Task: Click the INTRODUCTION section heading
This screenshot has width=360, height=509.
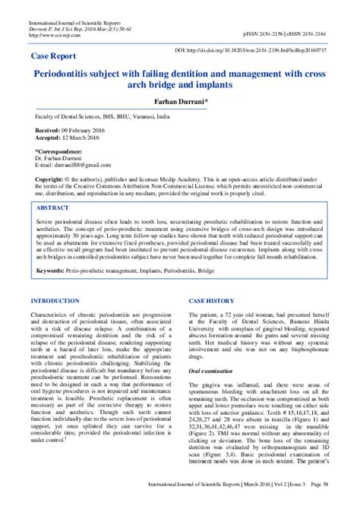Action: point(60,280)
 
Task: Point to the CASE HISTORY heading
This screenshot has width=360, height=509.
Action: point(215,280)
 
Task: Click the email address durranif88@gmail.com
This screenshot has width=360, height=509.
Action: point(75,165)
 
